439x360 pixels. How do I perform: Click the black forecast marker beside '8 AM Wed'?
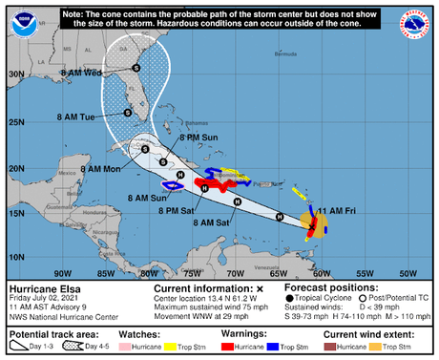(x=136, y=67)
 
